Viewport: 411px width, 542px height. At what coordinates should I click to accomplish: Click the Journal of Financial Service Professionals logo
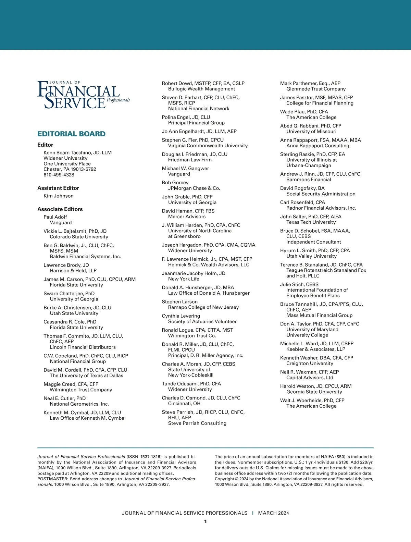click(x=83, y=95)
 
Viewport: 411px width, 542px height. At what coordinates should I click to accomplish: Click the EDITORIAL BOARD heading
click(x=71, y=134)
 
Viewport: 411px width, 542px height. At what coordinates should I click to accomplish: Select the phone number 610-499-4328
click(x=59, y=175)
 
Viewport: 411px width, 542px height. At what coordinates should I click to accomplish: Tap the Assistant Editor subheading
click(x=58, y=188)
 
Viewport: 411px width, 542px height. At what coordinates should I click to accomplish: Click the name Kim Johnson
click(x=59, y=196)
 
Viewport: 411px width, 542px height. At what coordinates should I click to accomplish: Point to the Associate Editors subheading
click(x=60, y=209)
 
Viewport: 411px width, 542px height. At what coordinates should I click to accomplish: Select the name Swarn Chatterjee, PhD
click(x=69, y=294)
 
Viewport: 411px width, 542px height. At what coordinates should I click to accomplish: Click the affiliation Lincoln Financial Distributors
click(x=83, y=347)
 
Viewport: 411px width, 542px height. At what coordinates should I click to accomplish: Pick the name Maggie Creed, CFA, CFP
click(x=71, y=384)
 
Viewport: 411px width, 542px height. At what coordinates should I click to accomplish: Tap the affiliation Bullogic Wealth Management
click(x=201, y=89)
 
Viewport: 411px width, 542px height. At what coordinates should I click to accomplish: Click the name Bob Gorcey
click(x=175, y=183)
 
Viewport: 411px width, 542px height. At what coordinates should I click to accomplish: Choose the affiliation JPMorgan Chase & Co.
click(x=194, y=188)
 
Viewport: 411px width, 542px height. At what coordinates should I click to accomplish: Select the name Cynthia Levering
click(x=181, y=316)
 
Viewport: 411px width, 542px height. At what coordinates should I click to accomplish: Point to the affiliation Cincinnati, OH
click(x=184, y=404)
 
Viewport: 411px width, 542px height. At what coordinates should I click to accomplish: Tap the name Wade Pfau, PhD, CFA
click(x=304, y=112)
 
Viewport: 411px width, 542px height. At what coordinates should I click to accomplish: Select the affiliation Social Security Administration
click(x=321, y=194)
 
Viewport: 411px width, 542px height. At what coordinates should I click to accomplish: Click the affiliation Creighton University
click(x=310, y=363)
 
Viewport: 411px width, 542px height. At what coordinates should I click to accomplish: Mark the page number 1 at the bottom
click(x=206, y=521)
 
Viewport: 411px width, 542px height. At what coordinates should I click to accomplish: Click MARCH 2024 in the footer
click(x=273, y=513)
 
